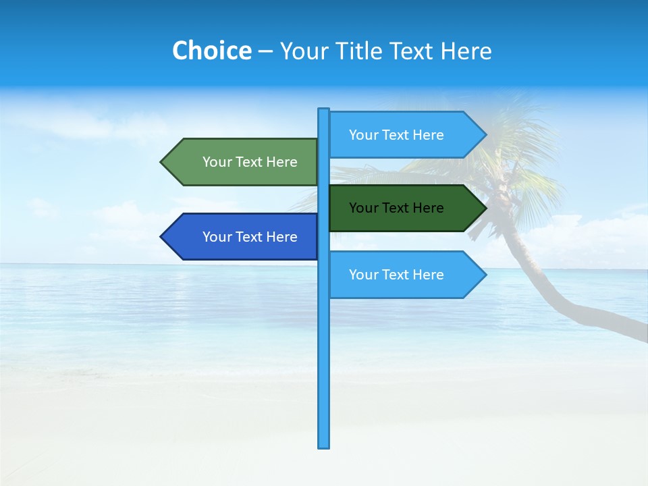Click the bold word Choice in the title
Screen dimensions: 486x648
(x=211, y=51)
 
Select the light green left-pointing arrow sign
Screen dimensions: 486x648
(x=243, y=162)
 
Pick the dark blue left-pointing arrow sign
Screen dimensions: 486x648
(x=243, y=237)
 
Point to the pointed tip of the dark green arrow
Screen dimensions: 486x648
(x=485, y=208)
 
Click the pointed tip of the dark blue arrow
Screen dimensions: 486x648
(x=162, y=237)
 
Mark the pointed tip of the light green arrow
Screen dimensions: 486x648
(x=162, y=162)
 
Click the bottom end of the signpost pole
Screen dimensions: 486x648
(x=324, y=446)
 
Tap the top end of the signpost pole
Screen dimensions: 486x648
(x=324, y=110)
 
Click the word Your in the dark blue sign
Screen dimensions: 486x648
(x=217, y=237)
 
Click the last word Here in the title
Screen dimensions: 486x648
(x=466, y=51)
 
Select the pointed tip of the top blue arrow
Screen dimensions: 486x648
(x=485, y=135)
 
